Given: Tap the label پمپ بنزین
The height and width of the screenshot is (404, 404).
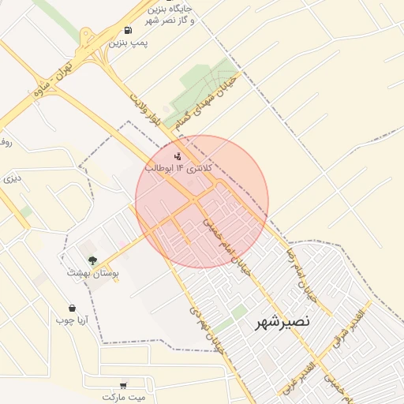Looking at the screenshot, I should coord(128,42).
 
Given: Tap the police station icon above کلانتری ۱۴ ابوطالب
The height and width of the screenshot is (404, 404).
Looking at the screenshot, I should coord(178,156).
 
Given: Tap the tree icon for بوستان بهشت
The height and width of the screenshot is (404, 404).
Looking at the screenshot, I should coord(93,260).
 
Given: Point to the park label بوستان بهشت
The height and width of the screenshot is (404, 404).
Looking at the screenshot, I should coord(94,273).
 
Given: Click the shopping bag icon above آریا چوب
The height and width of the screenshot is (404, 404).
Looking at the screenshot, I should coord(73,308).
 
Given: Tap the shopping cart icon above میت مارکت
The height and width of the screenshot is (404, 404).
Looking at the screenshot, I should coord(122,384).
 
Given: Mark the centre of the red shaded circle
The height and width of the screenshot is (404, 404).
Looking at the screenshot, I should coord(202,201).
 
